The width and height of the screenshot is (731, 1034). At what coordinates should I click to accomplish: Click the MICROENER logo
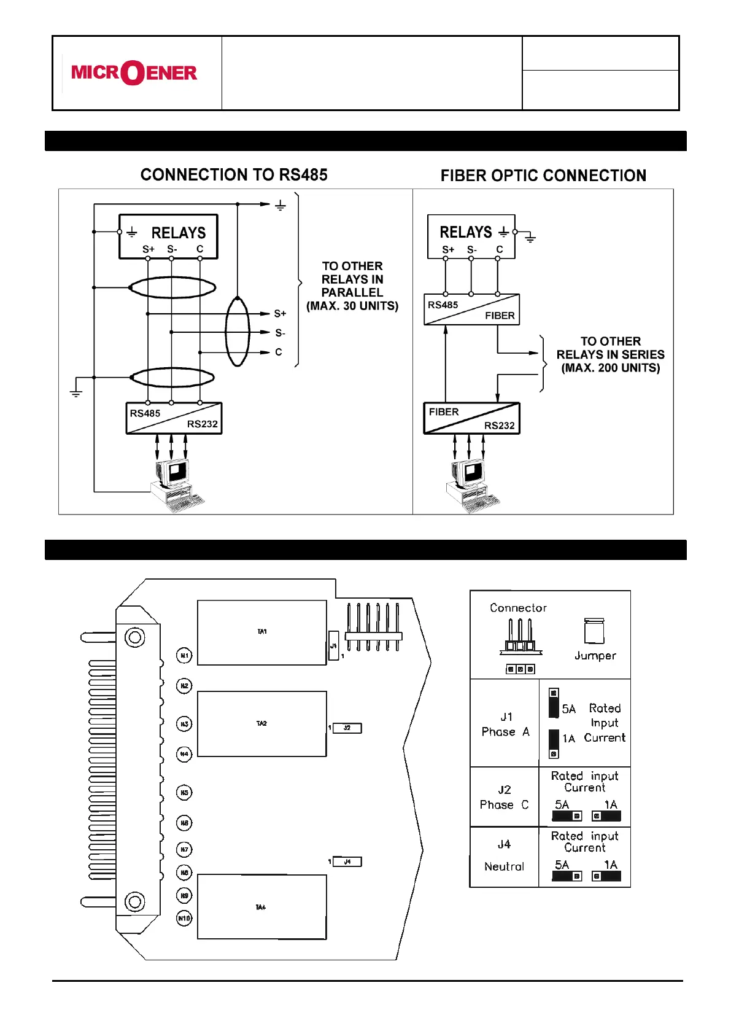coord(134,73)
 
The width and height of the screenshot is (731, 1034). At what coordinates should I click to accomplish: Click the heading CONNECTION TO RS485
coord(234,175)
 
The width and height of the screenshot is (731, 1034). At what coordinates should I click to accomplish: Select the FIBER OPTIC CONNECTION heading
coord(543,176)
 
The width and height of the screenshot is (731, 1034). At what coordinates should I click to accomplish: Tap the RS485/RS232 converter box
coord(174,419)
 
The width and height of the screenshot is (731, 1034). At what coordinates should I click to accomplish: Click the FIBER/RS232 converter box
coord(471,419)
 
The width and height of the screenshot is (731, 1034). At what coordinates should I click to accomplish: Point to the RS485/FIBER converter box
coord(471,310)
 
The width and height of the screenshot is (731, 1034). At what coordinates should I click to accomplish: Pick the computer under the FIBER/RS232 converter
coord(471,486)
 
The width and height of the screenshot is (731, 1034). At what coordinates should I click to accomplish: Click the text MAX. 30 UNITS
coord(352,306)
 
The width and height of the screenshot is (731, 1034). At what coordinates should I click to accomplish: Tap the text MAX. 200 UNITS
coord(610,368)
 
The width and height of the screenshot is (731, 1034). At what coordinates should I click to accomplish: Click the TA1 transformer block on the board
coord(261,632)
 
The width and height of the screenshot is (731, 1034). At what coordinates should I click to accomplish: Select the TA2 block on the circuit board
coord(261,724)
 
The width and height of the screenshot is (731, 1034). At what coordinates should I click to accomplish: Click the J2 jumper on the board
coord(347,728)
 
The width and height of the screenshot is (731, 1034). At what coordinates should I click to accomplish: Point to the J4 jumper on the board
coord(347,862)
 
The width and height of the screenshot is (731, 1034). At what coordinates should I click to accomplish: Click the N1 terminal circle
coord(184,656)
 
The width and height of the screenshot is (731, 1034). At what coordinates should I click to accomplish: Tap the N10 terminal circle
coord(184,919)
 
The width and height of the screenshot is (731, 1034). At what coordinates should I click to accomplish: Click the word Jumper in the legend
coord(595,656)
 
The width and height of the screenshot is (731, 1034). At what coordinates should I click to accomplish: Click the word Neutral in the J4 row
coord(504,866)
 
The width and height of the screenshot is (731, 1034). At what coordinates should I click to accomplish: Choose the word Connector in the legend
coord(518,608)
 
